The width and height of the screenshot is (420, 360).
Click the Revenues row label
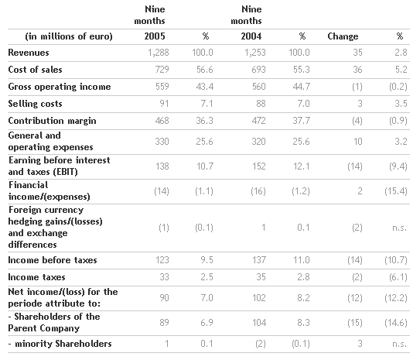coord(29,53)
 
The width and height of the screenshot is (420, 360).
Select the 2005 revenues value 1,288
coord(159,53)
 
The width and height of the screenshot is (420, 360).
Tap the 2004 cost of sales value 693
coord(259,70)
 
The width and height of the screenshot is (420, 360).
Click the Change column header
coord(343,36)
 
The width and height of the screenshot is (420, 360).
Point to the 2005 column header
coord(155,36)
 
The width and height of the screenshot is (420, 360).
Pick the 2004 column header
coord(251,36)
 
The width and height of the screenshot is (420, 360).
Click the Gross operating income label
coord(60,87)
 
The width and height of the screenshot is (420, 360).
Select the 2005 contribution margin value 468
coord(162,121)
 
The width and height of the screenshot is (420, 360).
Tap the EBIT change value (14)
coord(355,166)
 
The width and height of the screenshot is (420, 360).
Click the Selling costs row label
coord(35,104)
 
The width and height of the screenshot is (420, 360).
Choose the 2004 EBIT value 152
coord(259,166)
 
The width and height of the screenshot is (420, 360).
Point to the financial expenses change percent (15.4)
coord(396,191)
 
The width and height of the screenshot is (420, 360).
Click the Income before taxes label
coord(53,260)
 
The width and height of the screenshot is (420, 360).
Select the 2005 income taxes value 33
coord(164,277)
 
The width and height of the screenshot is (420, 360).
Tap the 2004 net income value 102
coord(259,298)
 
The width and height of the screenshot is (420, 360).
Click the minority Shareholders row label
coord(60,344)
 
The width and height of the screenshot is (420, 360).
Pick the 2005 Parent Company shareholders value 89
coord(164,323)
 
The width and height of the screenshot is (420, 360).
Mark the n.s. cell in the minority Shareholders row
coord(400,344)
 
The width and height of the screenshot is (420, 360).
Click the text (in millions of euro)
coord(69,36)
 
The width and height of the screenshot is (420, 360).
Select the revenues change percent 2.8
coord(401,53)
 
